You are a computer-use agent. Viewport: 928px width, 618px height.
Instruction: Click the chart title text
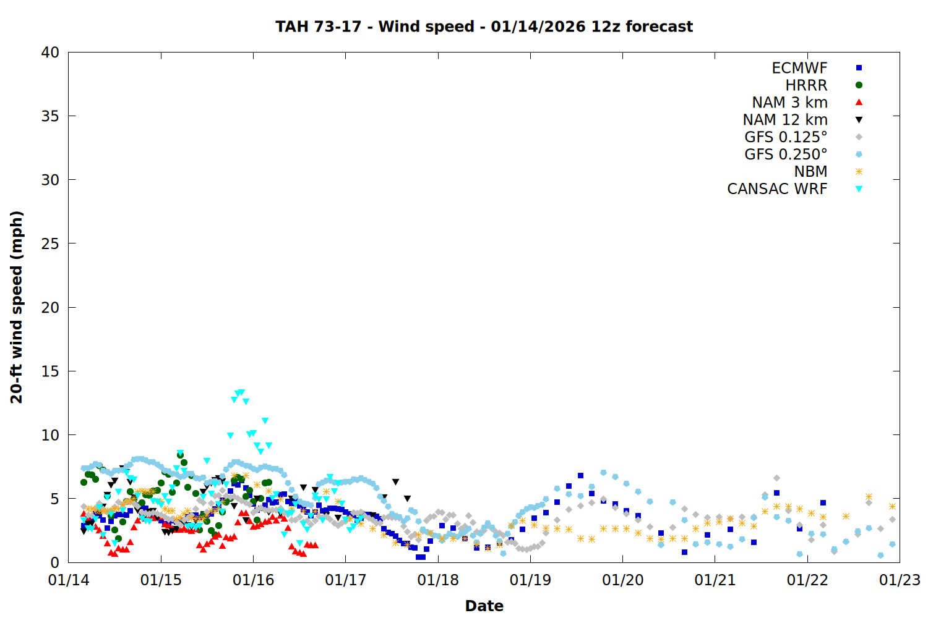pos(484,27)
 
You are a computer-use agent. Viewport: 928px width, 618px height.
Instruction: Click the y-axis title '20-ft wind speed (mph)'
pos(17,307)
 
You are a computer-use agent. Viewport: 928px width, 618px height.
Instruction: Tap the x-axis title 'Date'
pos(484,606)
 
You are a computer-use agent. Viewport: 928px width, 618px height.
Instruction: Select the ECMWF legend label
pos(799,68)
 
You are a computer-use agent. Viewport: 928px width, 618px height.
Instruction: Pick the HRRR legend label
pos(806,85)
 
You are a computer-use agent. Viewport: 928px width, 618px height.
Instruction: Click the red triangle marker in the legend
pos(859,102)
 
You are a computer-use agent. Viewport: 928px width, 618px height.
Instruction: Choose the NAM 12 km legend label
pos(785,120)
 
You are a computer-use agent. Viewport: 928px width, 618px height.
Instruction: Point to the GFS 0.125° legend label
pos(786,137)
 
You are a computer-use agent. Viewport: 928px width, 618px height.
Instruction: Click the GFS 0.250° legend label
pos(786,154)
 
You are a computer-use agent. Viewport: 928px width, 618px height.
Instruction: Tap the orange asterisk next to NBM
pos(859,171)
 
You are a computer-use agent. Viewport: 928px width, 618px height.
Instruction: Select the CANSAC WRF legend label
pos(777,189)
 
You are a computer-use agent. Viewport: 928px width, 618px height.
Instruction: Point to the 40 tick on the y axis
pos(50,53)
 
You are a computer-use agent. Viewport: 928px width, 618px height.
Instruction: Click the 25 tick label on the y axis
pos(50,243)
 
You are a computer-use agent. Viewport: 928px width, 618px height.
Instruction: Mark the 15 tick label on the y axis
pos(50,371)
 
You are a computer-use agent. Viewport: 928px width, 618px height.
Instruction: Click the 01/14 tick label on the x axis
pos(69,580)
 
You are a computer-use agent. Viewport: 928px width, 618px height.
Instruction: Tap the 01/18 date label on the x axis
pos(438,580)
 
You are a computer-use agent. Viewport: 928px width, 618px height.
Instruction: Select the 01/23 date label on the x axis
pos(900,580)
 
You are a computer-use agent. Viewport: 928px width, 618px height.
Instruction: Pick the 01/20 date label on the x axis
pos(622,580)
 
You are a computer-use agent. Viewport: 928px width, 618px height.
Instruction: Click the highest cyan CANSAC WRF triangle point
pos(241,392)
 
